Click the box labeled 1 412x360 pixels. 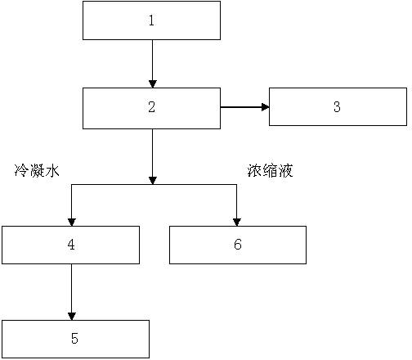(151, 20)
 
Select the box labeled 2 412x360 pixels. (151, 108)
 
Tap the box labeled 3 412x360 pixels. (338, 106)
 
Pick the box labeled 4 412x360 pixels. (71, 245)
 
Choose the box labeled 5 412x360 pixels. (75, 339)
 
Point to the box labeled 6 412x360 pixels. (238, 245)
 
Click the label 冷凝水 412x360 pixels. (37, 171)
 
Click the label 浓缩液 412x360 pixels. (270, 171)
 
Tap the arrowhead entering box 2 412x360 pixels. (153, 84)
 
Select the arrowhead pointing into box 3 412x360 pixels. (266, 107)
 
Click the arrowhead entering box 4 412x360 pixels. (72, 223)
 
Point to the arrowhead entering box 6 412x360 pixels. (237, 223)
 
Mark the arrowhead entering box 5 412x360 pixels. (72, 317)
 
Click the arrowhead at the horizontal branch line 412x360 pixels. (153, 181)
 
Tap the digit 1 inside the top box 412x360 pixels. (151, 20)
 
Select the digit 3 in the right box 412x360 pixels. (337, 106)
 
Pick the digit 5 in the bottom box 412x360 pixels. (74, 338)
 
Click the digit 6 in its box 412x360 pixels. (238, 244)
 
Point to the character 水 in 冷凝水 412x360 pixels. (52, 171)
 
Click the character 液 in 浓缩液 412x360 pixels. (285, 171)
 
